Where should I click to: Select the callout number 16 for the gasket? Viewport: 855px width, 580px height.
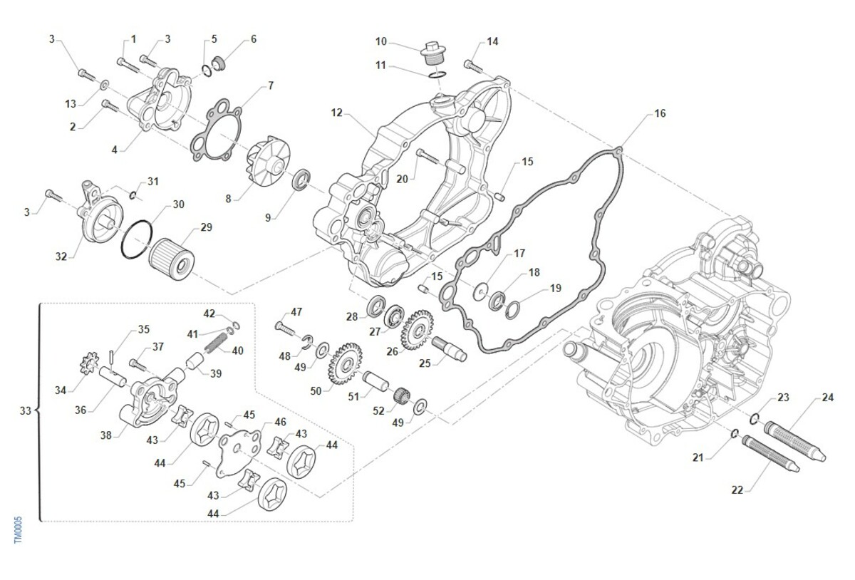pyautogui.click(x=660, y=114)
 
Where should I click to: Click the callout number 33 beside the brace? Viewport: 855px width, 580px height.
pyautogui.click(x=26, y=411)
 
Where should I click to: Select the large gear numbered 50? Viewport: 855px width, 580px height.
pyautogui.click(x=344, y=363)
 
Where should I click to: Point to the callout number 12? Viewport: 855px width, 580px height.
pyautogui.click(x=337, y=113)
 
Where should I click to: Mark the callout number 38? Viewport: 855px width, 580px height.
pyautogui.click(x=106, y=435)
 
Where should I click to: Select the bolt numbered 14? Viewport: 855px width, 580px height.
pyautogui.click(x=474, y=66)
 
